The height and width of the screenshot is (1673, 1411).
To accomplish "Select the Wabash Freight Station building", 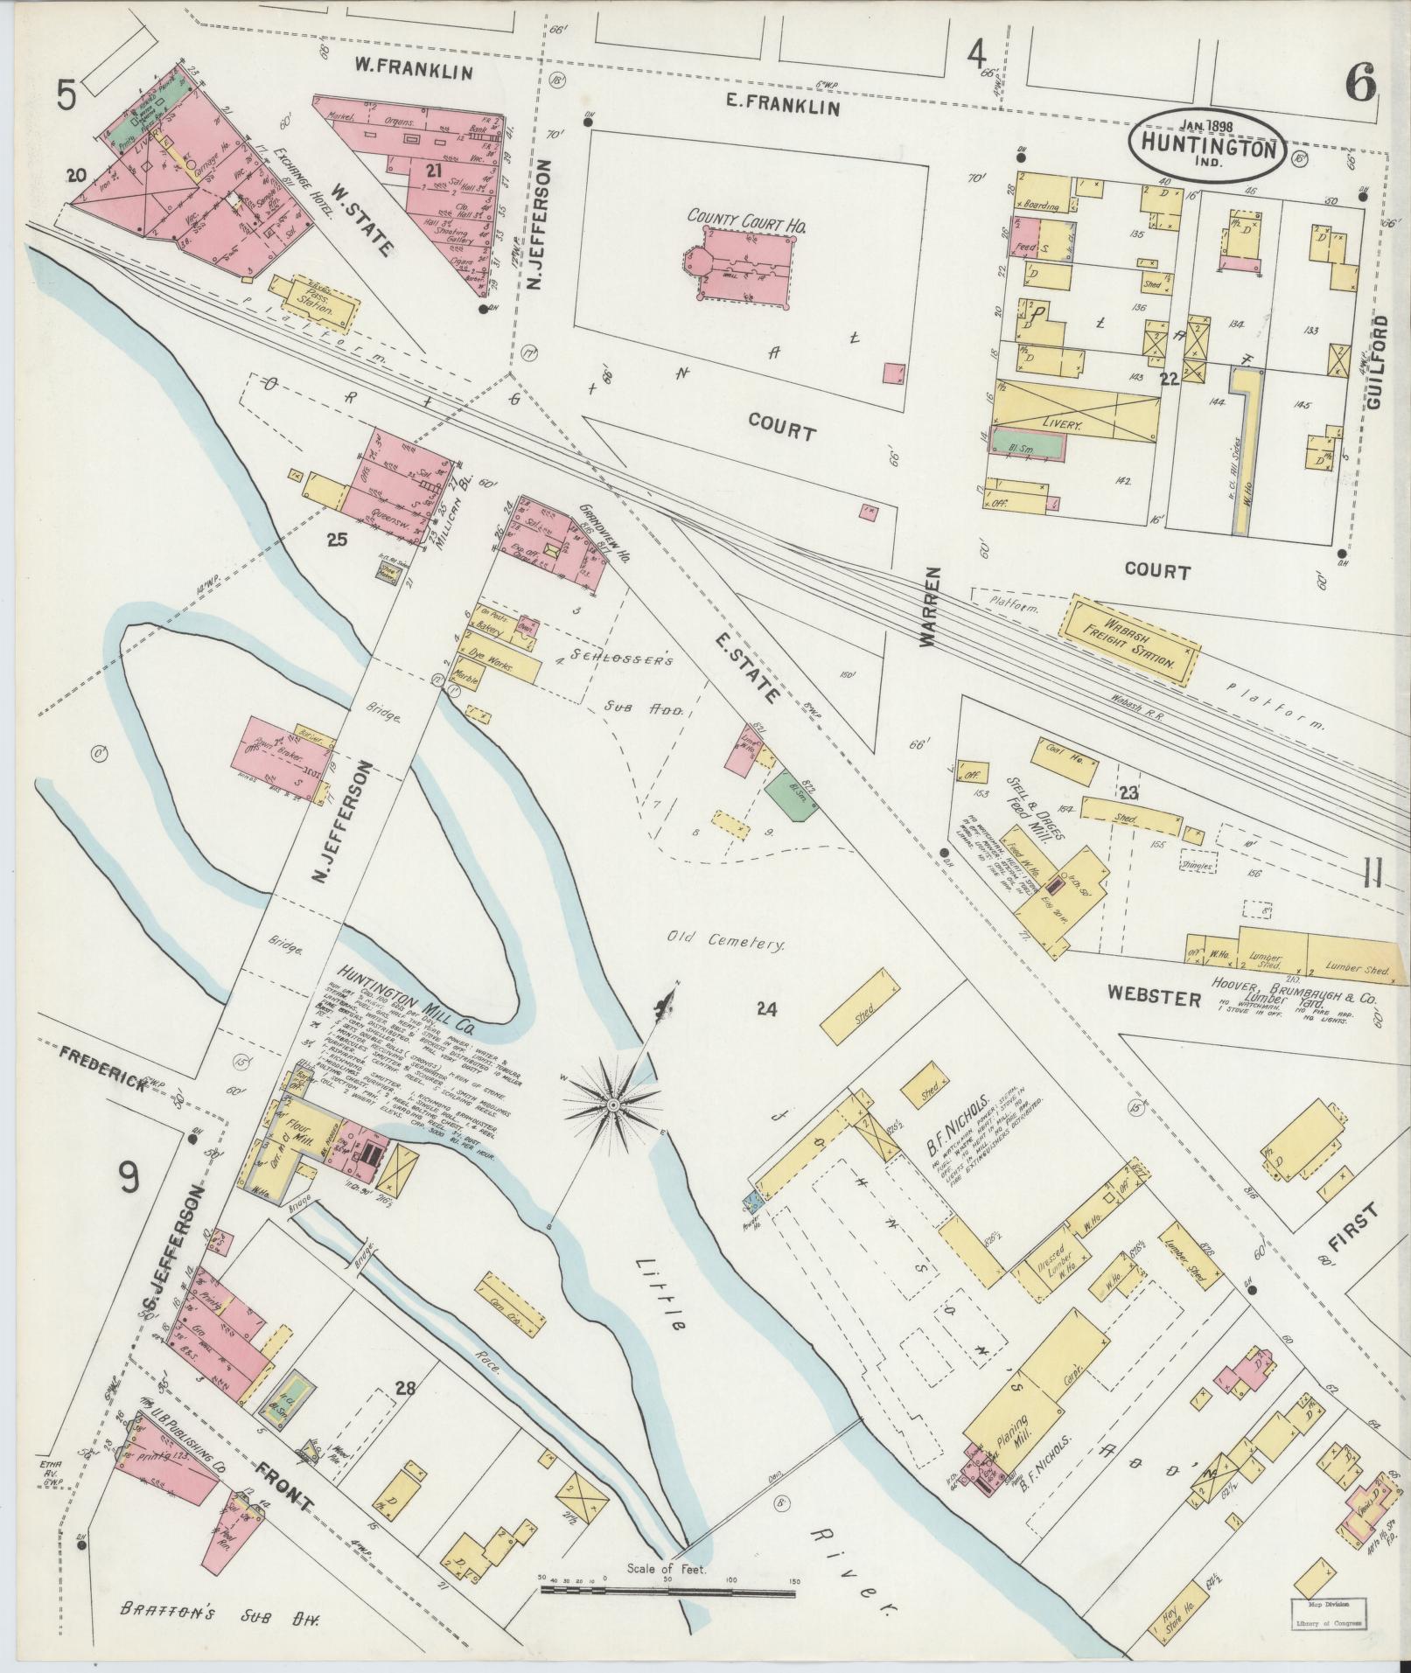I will (1129, 641).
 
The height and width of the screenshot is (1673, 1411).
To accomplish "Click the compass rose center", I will (613, 1107).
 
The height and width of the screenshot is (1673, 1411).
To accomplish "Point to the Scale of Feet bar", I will (667, 1589).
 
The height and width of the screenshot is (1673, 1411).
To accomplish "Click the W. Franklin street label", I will (413, 68).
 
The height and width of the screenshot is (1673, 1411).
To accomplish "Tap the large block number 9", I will (128, 1181).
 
